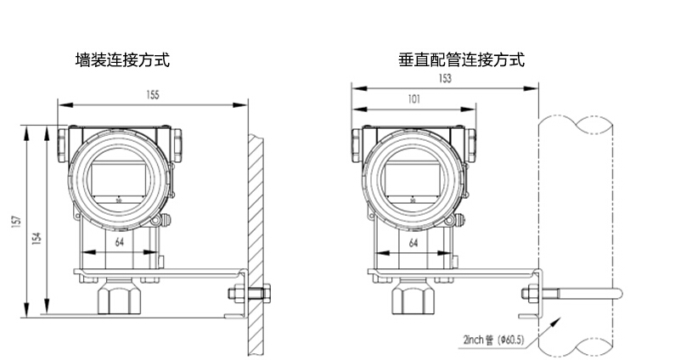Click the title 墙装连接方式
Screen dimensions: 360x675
tap(122, 60)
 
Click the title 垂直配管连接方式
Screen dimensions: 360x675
tap(461, 60)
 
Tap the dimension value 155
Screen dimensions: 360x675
tap(152, 95)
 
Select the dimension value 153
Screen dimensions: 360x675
tap(444, 78)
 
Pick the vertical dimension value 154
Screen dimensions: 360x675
tap(36, 239)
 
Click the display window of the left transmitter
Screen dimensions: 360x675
tap(118, 179)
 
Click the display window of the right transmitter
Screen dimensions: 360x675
tap(412, 179)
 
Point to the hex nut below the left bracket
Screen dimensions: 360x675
tap(118, 298)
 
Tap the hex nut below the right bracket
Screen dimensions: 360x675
tap(412, 298)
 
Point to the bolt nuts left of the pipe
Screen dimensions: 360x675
tap(527, 295)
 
